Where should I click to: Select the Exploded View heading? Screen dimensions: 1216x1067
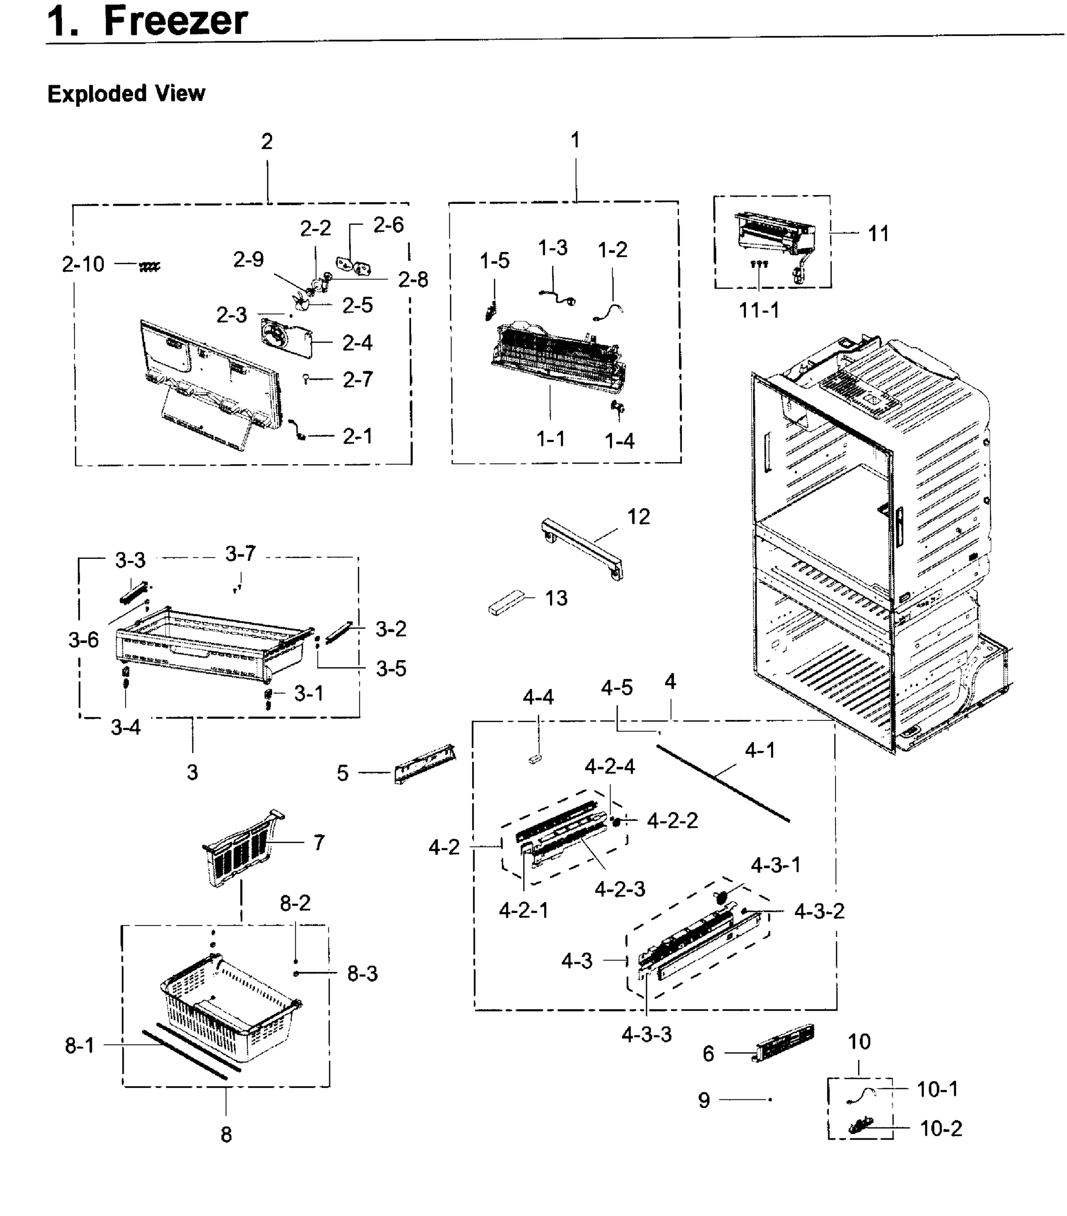(126, 94)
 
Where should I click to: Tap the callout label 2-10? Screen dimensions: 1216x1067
(83, 264)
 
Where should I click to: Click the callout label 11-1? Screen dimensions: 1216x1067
(758, 310)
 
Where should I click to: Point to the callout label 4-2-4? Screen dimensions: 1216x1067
(609, 767)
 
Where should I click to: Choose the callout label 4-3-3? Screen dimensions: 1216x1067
(646, 1035)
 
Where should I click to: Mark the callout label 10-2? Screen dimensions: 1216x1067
(940, 1128)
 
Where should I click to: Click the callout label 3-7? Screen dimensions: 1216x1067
(240, 554)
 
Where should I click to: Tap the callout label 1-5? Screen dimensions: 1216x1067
(494, 260)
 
